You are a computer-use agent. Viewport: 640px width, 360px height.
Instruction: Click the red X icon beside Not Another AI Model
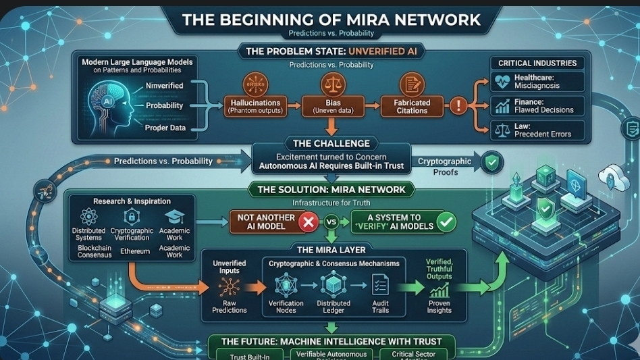[x=309, y=222]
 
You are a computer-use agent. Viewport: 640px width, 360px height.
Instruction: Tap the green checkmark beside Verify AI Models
[x=446, y=222]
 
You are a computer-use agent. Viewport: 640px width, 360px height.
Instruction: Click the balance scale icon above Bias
[x=330, y=84]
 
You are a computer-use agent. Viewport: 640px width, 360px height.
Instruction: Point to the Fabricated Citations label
[x=411, y=107]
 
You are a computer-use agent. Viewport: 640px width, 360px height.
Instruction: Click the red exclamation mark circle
[x=459, y=105]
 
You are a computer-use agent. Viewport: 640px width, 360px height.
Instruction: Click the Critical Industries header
[x=537, y=63]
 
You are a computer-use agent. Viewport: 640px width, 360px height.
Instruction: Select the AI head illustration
[x=107, y=102]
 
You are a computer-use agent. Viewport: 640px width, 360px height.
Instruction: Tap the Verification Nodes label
[x=286, y=307]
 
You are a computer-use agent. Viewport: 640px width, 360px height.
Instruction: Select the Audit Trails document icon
[x=379, y=284]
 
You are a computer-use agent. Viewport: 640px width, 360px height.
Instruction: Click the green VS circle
[x=331, y=222]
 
